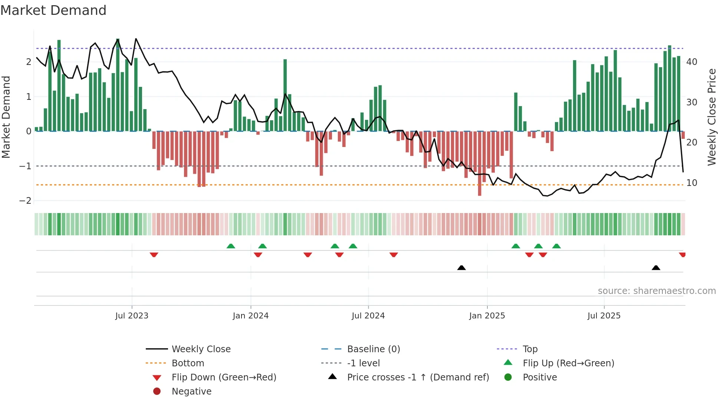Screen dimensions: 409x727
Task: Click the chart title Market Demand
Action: pyautogui.click(x=53, y=10)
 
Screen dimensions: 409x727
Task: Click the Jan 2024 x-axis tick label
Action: pyautogui.click(x=250, y=316)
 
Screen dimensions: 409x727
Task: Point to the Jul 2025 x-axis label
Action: pyautogui.click(x=604, y=316)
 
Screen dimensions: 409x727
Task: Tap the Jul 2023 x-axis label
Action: pyautogui.click(x=132, y=316)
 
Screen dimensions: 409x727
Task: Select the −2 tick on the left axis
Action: pyautogui.click(x=25, y=201)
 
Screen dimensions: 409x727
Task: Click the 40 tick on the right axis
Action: pyautogui.click(x=691, y=62)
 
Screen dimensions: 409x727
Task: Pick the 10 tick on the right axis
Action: pyautogui.click(x=691, y=183)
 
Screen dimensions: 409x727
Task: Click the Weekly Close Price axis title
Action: pyautogui.click(x=711, y=117)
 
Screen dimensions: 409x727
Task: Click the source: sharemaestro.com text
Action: pyautogui.click(x=657, y=291)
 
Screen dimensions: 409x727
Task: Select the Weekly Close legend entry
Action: pyautogui.click(x=201, y=349)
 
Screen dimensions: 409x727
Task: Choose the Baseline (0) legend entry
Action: pyautogui.click(x=373, y=349)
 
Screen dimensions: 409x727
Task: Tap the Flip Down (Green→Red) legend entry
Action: pyautogui.click(x=224, y=377)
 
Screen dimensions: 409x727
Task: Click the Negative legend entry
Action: pyautogui.click(x=191, y=392)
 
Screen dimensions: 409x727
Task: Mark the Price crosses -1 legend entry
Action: pyautogui.click(x=418, y=377)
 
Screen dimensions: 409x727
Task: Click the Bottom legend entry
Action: pyautogui.click(x=188, y=363)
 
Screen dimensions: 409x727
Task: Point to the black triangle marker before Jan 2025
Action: pyautogui.click(x=461, y=268)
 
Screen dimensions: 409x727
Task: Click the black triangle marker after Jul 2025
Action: pyautogui.click(x=656, y=268)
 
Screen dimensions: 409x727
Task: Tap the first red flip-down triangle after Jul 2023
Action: pyautogui.click(x=154, y=255)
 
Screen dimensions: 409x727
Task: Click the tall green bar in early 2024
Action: pyautogui.click(x=285, y=95)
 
